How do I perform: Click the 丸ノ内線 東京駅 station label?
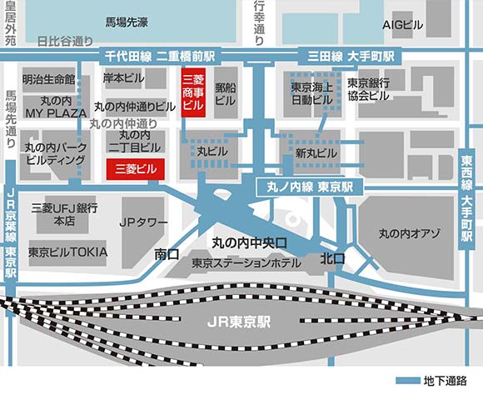click(310, 185)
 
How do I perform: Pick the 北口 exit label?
click(333, 259)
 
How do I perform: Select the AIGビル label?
click(403, 25)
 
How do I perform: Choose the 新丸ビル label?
click(316, 153)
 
